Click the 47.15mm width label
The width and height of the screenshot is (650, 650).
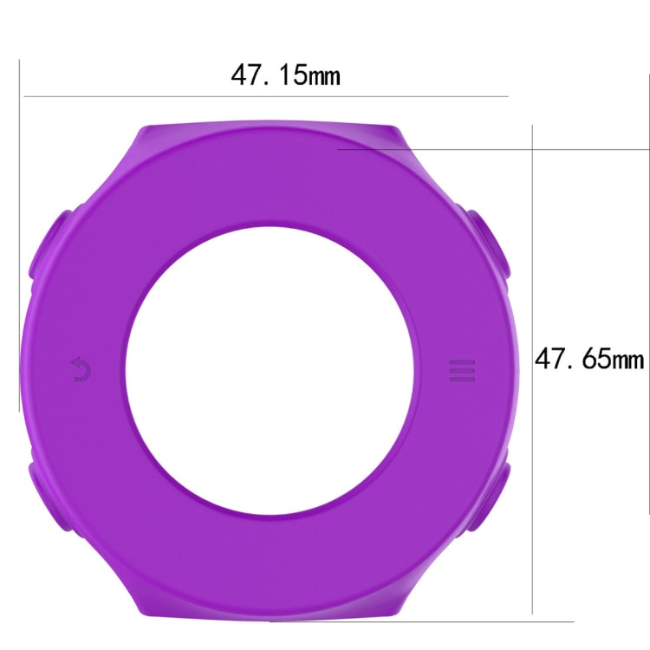(x=285, y=75)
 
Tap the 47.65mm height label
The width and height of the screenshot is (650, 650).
(x=588, y=358)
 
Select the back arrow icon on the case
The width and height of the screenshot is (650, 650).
(x=81, y=370)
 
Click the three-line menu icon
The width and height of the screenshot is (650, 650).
(x=462, y=371)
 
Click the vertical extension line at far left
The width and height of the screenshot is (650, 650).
(x=18, y=234)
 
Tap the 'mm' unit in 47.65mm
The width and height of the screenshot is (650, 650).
(x=627, y=359)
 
